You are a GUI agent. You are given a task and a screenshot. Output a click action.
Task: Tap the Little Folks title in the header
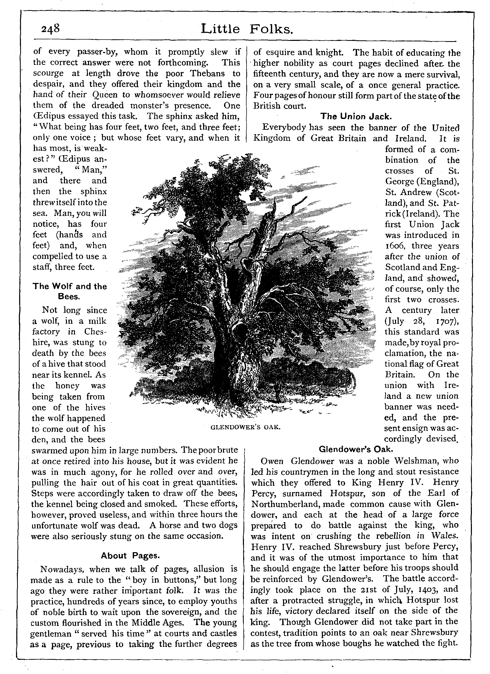pyautogui.click(x=247, y=29)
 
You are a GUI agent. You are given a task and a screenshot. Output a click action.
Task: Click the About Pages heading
pyautogui.click(x=130, y=556)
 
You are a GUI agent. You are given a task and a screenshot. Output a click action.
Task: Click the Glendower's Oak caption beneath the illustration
pyautogui.click(x=245, y=427)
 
